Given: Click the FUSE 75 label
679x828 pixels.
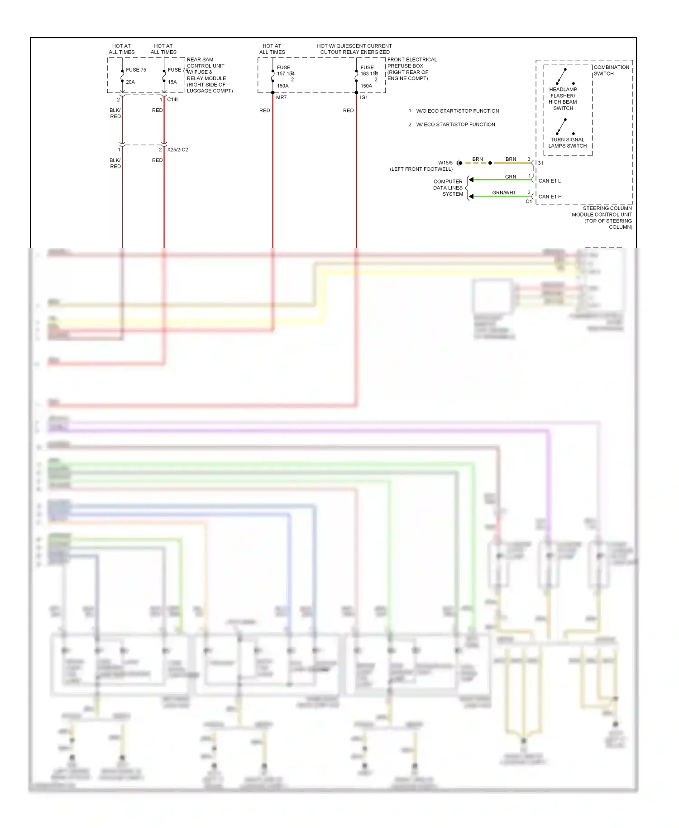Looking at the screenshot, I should (x=136, y=70).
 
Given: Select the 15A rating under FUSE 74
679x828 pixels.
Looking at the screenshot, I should (x=172, y=82).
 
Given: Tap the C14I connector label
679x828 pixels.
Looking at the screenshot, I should (x=172, y=100).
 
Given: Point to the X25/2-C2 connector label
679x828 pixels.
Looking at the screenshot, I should (x=177, y=149).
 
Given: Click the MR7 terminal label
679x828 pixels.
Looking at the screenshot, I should (x=281, y=98).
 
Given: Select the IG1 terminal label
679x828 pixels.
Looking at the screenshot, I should (x=364, y=98).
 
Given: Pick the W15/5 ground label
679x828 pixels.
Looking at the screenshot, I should (x=445, y=163).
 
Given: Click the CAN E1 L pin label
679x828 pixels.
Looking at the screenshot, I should (x=549, y=181).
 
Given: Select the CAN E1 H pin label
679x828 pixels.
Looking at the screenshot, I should (x=550, y=197).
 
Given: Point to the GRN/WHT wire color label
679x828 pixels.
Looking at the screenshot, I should (x=504, y=193).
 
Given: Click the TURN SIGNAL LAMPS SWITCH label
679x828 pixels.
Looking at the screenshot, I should (x=567, y=143).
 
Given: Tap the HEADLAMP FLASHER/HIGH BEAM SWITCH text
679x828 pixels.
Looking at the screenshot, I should (x=563, y=99).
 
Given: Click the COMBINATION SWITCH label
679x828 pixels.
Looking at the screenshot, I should (x=611, y=70).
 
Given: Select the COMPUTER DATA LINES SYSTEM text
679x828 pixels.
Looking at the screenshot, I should (x=448, y=188).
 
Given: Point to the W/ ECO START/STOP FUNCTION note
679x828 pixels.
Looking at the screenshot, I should (x=455, y=125).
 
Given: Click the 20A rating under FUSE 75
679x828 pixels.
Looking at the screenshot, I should (x=130, y=82).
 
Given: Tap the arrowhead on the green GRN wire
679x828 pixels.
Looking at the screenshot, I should (x=471, y=180).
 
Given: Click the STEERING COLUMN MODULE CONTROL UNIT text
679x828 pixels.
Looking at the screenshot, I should (x=602, y=217).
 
